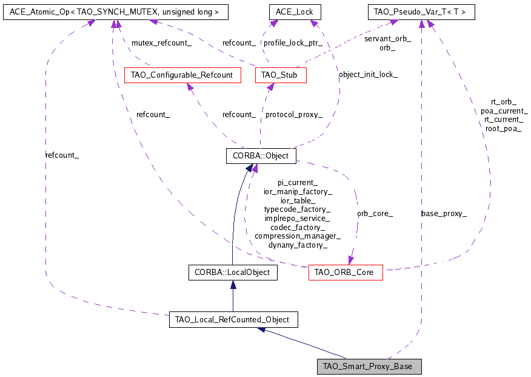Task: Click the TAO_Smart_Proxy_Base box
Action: (x=369, y=367)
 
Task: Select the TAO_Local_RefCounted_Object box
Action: (x=232, y=319)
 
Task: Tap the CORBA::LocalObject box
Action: (x=233, y=273)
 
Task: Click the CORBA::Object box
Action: (x=261, y=156)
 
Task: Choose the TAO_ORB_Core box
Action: (x=346, y=273)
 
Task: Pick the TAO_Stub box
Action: (x=280, y=75)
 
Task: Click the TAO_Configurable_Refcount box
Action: (x=182, y=75)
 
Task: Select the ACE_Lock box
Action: (x=295, y=12)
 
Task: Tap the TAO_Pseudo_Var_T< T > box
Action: (x=421, y=12)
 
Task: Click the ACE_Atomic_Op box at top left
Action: (x=107, y=12)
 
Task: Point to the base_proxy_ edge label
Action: (x=444, y=213)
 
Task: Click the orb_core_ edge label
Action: (x=375, y=213)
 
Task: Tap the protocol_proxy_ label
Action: (x=294, y=114)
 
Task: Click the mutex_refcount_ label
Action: (x=162, y=43)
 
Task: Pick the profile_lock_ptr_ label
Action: (x=292, y=43)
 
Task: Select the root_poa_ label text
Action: (x=503, y=129)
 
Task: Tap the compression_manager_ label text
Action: (x=297, y=236)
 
